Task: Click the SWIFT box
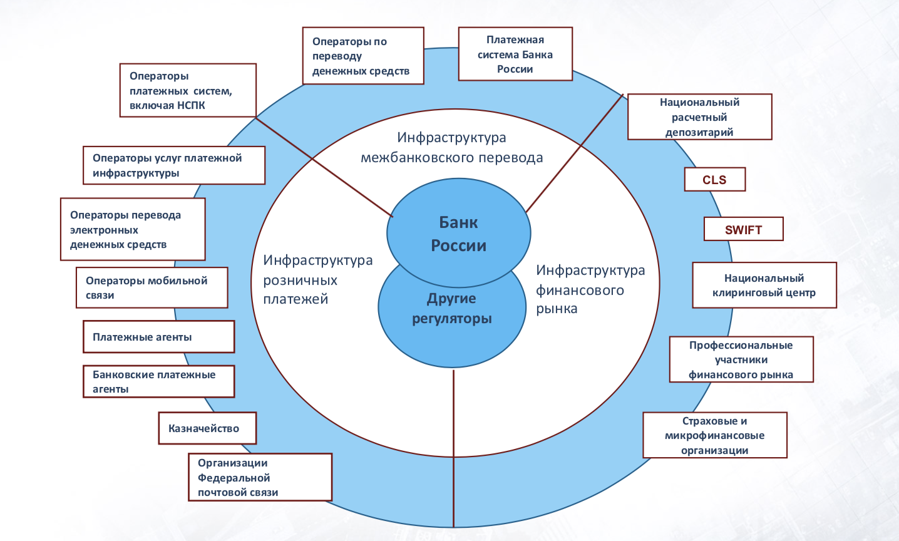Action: pos(743,229)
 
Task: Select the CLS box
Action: pos(714,180)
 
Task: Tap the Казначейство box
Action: pos(207,428)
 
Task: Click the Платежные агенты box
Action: pos(158,337)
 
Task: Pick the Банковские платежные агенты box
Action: pos(158,381)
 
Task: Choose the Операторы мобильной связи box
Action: pos(152,287)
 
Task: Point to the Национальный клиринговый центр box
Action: pos(764,285)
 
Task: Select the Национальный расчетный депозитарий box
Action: pos(699,117)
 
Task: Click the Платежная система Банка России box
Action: pos(515,54)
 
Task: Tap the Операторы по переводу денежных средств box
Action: pos(363,56)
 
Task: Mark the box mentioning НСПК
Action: pos(188,90)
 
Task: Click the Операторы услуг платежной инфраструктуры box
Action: pos(173,165)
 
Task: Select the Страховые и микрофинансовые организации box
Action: pos(714,435)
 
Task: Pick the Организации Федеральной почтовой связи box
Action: pos(260,477)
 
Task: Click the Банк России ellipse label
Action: pos(458,233)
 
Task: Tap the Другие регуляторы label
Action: pos(451,308)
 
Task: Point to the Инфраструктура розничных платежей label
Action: pos(317,279)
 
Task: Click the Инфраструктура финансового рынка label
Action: pos(590,289)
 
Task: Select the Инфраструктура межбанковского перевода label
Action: pos(451,147)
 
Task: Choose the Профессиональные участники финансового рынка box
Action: pos(741,359)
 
